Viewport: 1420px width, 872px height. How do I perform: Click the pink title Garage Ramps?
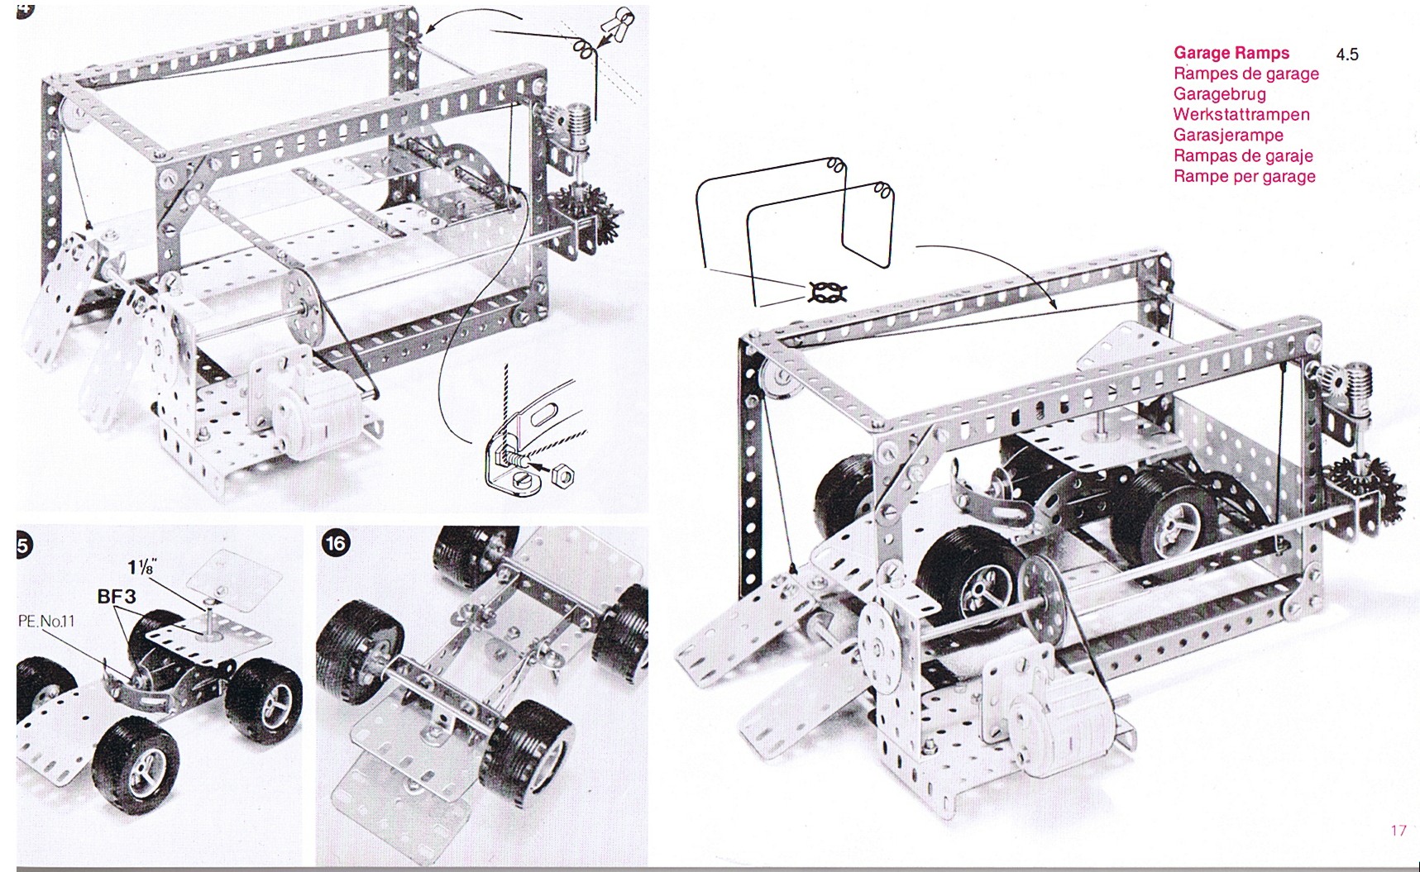[1231, 53]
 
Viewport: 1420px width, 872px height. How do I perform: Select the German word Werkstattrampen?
[1241, 114]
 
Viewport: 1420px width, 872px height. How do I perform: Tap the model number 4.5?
[1346, 55]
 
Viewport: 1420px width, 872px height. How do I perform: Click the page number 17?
[1398, 830]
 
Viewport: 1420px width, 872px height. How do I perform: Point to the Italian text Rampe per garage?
[1244, 176]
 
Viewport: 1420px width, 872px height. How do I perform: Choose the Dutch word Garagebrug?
[1219, 94]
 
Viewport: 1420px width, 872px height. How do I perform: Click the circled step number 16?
[335, 542]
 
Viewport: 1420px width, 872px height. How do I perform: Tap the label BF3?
[117, 595]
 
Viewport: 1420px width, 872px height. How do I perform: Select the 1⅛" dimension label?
[143, 568]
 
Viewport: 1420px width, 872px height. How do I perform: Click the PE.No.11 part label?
[46, 620]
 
